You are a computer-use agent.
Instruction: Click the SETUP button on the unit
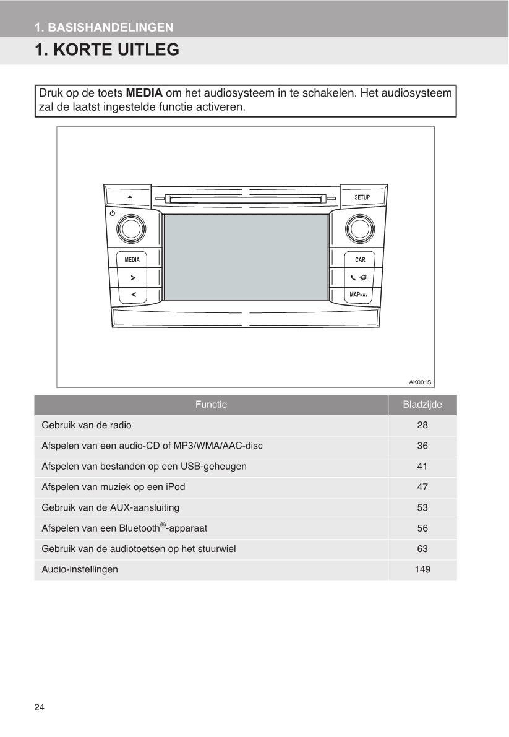pos(362,197)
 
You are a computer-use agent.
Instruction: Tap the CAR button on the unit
pos(360,260)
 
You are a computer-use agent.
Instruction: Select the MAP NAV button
pos(359,295)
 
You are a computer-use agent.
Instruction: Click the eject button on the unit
pos(130,197)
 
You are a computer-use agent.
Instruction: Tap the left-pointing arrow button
pos(134,295)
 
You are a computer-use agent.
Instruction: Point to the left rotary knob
pos(131,229)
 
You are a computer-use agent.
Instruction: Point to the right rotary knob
pos(359,229)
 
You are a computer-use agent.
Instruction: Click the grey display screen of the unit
pos(246,257)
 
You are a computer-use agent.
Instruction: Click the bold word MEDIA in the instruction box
pos(144,93)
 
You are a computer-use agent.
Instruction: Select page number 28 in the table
pos(422,425)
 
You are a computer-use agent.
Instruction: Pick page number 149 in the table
pos(422,569)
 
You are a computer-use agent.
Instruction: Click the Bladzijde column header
pos(422,405)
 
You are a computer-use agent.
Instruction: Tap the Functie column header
pos(211,405)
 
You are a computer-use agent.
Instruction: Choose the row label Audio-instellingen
pos(80,569)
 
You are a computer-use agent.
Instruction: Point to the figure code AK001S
pos(419,382)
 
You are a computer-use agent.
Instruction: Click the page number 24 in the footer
pos(40,707)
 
